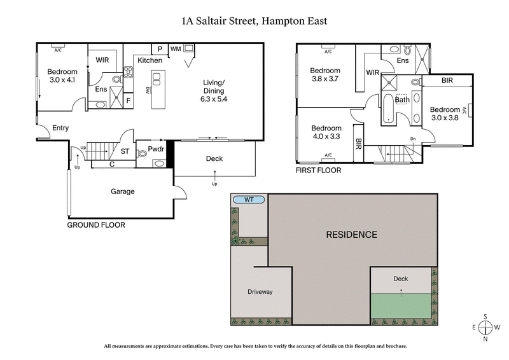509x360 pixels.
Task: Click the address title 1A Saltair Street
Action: (x=254, y=21)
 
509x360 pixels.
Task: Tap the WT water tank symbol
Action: (x=249, y=200)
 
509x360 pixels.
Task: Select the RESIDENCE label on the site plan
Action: (x=351, y=235)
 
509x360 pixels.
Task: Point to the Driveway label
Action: (x=260, y=292)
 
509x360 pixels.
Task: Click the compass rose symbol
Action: (x=485, y=328)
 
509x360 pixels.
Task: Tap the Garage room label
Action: (x=122, y=191)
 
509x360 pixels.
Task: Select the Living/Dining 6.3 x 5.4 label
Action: (x=213, y=91)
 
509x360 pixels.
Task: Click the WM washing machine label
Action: (x=175, y=49)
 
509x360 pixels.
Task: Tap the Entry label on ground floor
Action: (x=60, y=128)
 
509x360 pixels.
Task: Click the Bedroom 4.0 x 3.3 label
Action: (x=326, y=132)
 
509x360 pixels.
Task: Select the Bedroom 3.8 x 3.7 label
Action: (x=325, y=75)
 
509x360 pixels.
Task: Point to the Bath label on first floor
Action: (x=402, y=100)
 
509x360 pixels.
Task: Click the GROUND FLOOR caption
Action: (x=96, y=225)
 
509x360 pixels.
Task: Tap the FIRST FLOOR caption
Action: (x=318, y=170)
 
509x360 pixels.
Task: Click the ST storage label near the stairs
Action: (x=125, y=151)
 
